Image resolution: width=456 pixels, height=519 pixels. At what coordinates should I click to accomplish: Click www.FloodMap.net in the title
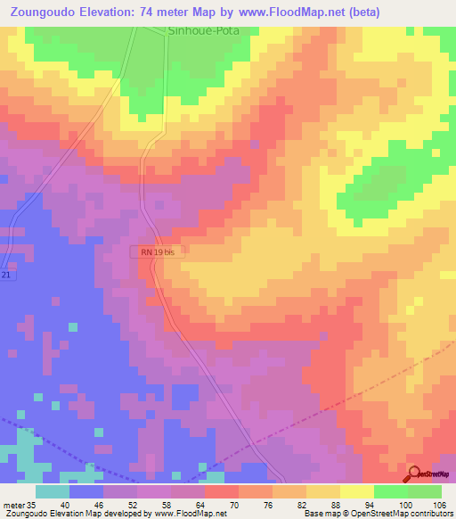288,12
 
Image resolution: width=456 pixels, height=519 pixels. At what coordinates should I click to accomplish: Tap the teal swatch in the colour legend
53,490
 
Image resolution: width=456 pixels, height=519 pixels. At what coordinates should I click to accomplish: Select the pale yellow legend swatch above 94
356,490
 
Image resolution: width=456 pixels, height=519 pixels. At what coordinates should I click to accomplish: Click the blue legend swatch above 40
86,490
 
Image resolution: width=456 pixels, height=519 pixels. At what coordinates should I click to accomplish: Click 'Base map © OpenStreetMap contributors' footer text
378,514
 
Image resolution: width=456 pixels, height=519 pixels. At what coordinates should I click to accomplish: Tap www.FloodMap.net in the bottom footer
187,514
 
